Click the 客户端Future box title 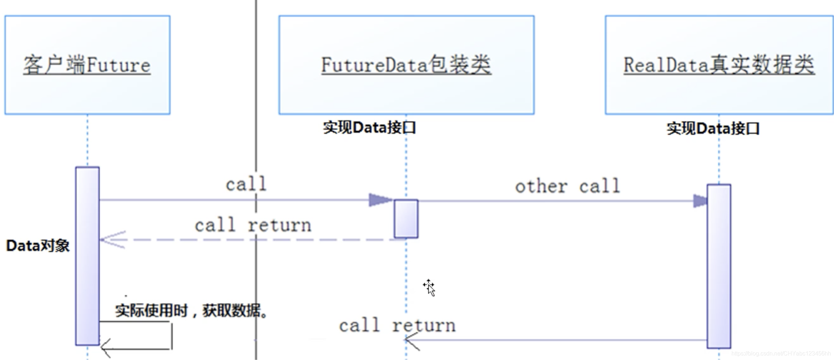(x=87, y=65)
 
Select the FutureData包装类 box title (x=406, y=65)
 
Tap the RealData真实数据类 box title (x=719, y=65)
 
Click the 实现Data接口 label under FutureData (x=369, y=128)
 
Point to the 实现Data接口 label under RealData (x=713, y=128)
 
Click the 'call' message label (x=246, y=184)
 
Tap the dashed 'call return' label (x=253, y=226)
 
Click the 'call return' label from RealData (x=397, y=326)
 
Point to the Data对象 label (x=38, y=246)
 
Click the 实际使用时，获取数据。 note (x=191, y=311)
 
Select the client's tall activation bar (x=87, y=256)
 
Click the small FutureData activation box (x=406, y=219)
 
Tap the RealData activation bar (x=719, y=266)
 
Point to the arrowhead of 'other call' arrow (x=700, y=201)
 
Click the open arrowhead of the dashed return (x=111, y=240)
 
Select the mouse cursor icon (x=429, y=288)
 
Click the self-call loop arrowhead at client (x=105, y=348)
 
